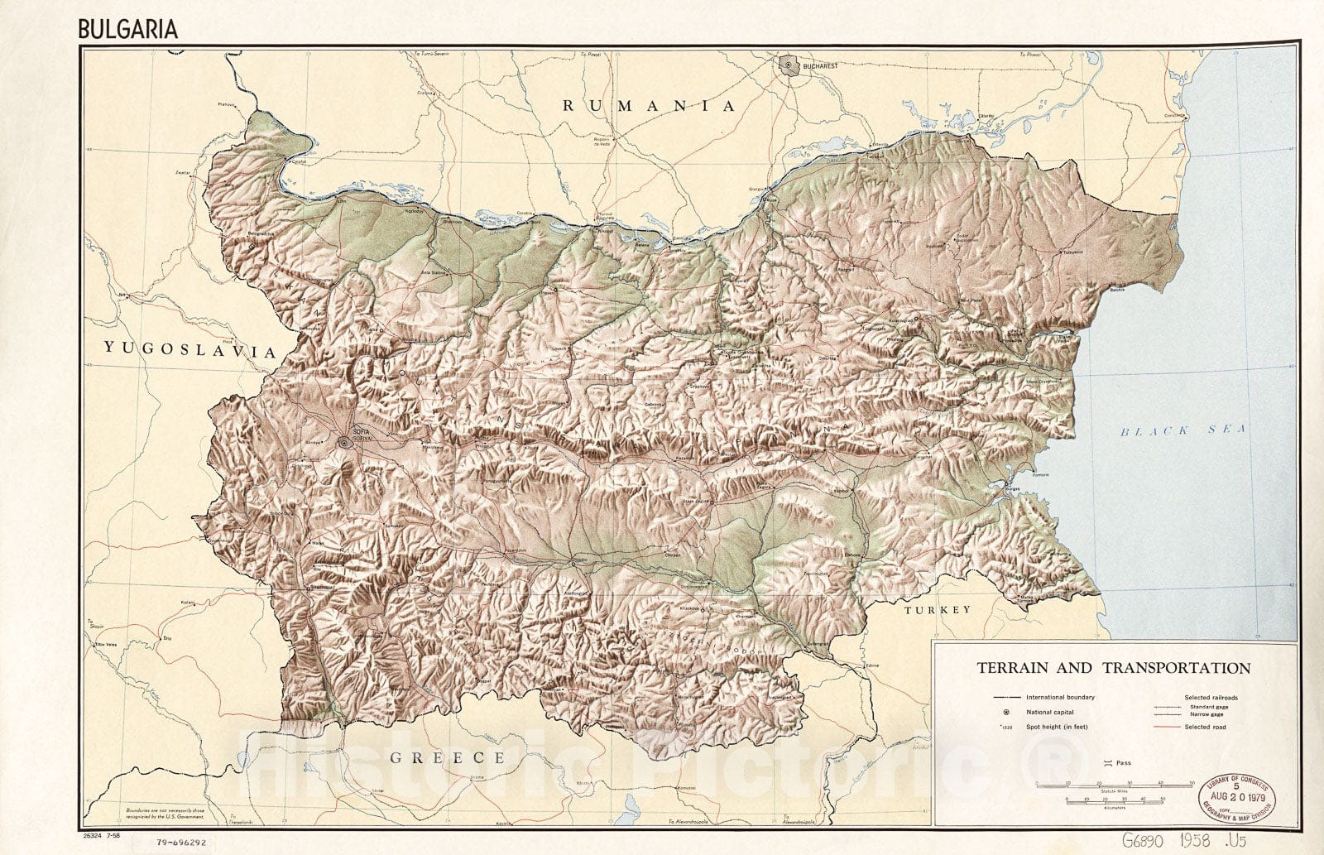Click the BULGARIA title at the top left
[x=127, y=29]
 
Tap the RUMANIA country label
[x=649, y=106]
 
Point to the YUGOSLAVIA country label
[x=189, y=350]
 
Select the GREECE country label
[x=447, y=757]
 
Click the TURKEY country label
[x=937, y=610]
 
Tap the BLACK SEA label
[x=1182, y=430]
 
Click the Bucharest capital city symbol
[x=789, y=64]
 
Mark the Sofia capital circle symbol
[x=343, y=443]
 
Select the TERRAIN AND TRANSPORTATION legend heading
[x=1113, y=667]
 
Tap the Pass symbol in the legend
[x=1106, y=762]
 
